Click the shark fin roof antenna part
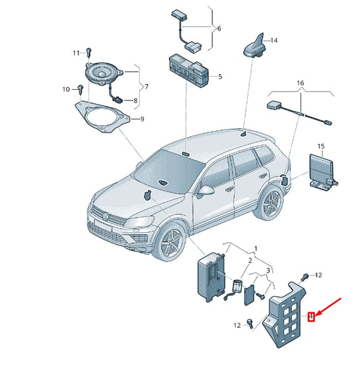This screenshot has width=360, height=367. coord(254,47)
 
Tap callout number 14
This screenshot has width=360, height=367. coord(274,40)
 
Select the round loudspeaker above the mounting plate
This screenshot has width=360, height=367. coord(103,74)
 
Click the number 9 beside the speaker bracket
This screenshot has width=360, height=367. coord(142,119)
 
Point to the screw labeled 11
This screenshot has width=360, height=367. coord(88,53)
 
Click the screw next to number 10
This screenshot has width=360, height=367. coord(81,89)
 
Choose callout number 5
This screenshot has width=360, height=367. coord(220,76)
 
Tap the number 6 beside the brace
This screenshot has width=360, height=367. coord(219,28)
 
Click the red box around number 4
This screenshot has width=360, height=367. coord(311,317)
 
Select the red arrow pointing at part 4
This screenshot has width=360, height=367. coord(328,307)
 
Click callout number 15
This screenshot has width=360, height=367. coord(321,146)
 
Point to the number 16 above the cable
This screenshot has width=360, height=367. coord(301,83)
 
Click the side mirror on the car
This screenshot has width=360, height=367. coord(205,191)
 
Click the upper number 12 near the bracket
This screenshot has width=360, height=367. coord(318,275)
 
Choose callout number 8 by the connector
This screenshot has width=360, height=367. coord(135,101)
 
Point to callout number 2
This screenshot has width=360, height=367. coord(250,260)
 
